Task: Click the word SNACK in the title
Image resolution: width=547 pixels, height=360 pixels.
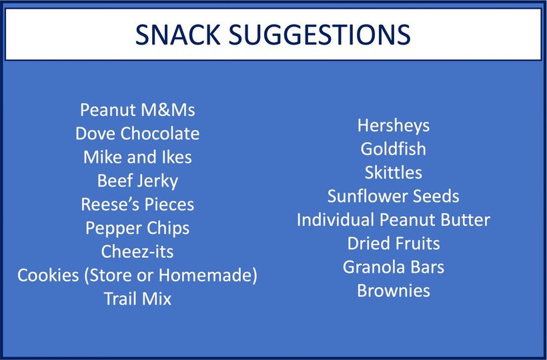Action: point(178,35)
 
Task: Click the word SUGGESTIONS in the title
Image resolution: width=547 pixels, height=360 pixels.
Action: point(320,35)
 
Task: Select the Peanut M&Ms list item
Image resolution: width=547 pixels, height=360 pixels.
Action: point(137,110)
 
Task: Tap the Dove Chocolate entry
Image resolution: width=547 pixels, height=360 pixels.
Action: point(137,133)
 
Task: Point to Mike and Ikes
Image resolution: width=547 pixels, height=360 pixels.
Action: point(137,157)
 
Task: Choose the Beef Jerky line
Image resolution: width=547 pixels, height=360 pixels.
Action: point(137,181)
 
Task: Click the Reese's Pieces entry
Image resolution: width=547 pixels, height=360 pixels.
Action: point(137,205)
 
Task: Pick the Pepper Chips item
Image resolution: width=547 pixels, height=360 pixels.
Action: point(137,229)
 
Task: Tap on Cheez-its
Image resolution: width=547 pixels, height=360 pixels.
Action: point(137,251)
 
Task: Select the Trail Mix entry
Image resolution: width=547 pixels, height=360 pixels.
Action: point(137,299)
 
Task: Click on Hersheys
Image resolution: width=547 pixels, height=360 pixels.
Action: point(394,126)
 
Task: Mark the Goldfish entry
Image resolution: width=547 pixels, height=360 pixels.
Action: point(394,149)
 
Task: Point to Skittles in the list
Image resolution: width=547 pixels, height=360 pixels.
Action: point(394,173)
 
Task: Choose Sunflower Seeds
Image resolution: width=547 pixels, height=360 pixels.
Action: point(394,196)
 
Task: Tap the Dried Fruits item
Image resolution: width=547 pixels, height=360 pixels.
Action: point(394,243)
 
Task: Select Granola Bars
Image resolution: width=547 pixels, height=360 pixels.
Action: point(394,267)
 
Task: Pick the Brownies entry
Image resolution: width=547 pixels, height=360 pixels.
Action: point(394,291)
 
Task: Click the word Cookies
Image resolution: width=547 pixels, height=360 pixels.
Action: point(48,275)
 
